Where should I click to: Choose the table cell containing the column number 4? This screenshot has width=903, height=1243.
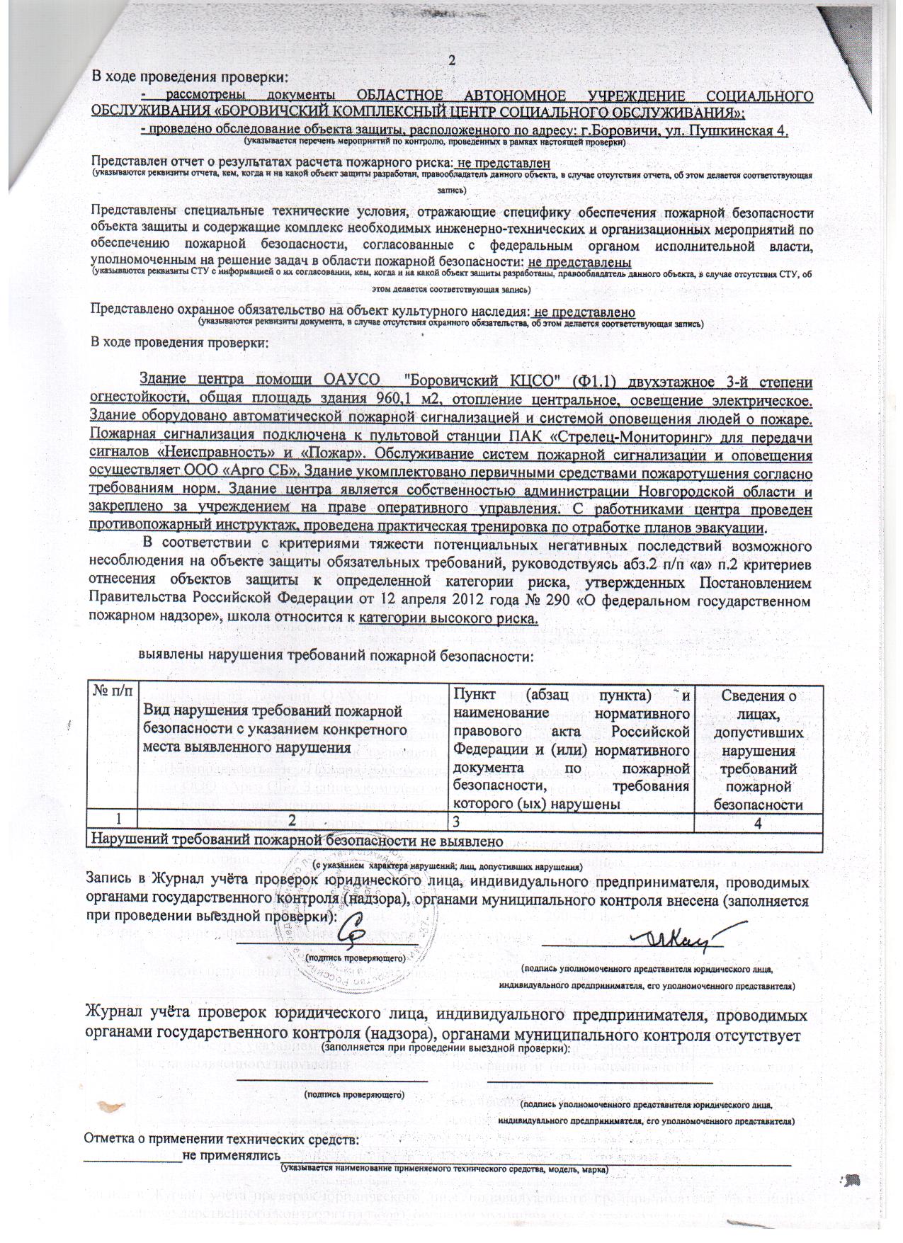(758, 819)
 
